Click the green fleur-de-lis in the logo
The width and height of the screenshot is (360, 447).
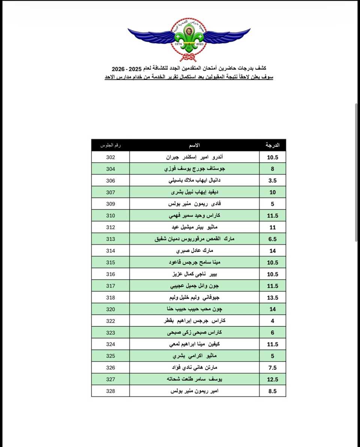click(x=189, y=37)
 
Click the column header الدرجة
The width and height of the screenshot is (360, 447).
click(x=272, y=145)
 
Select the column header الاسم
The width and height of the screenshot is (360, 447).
click(x=194, y=145)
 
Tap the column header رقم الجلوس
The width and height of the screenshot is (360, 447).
click(x=110, y=145)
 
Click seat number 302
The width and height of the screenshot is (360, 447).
click(x=110, y=157)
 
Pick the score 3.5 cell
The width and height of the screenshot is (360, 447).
click(x=272, y=181)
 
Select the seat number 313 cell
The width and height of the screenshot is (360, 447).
click(x=110, y=239)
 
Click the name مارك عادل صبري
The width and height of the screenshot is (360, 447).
click(x=194, y=251)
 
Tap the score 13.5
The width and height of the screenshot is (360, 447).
click(x=272, y=298)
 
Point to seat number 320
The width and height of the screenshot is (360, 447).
click(x=110, y=309)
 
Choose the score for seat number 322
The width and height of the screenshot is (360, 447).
click(x=272, y=321)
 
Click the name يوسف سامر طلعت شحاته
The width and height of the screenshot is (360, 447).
click(x=194, y=379)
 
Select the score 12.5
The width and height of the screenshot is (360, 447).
click(x=272, y=380)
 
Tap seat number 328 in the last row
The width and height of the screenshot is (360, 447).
click(x=110, y=391)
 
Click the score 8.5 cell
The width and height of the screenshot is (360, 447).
click(x=272, y=391)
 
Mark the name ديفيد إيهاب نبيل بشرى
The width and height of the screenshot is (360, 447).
click(x=194, y=192)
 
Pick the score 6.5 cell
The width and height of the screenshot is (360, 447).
click(x=272, y=239)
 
